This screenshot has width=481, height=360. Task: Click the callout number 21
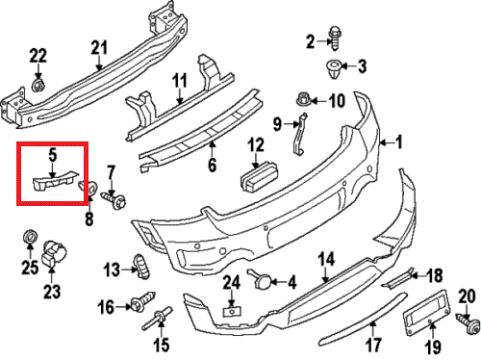pyautogui.click(x=99, y=48)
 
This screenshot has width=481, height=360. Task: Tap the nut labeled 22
pyautogui.click(x=38, y=86)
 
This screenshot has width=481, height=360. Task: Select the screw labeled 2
pyautogui.click(x=335, y=39)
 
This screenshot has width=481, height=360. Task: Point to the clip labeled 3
pyautogui.click(x=333, y=69)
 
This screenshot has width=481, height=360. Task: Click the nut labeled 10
pyautogui.click(x=302, y=99)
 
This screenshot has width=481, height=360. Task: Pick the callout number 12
pyautogui.click(x=256, y=144)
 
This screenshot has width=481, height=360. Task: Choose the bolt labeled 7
pyautogui.click(x=114, y=199)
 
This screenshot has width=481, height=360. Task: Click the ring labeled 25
pyautogui.click(x=30, y=237)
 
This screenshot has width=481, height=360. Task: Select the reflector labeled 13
pyautogui.click(x=141, y=267)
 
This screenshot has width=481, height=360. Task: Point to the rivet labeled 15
pyautogui.click(x=158, y=318)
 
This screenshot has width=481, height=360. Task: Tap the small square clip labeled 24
pyautogui.click(x=232, y=311)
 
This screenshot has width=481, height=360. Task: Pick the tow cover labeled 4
pyautogui.click(x=260, y=278)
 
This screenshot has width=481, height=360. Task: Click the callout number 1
pyautogui.click(x=399, y=141)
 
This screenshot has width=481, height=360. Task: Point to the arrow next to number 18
pyautogui.click(x=418, y=275)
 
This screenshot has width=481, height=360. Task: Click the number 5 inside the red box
pyautogui.click(x=53, y=155)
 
